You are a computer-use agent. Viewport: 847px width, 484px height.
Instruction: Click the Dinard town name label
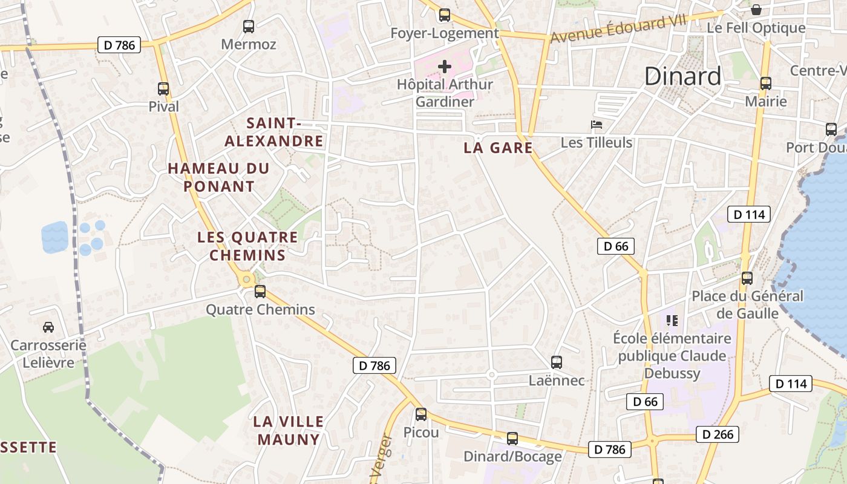tap(682, 76)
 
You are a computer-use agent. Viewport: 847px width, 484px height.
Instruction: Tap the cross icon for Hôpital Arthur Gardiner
tap(445, 66)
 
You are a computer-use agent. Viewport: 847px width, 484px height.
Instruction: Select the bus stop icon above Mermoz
tap(249, 26)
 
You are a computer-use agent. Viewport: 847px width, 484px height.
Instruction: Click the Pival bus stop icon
tap(163, 89)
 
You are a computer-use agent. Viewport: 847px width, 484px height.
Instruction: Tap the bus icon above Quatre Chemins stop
tap(260, 292)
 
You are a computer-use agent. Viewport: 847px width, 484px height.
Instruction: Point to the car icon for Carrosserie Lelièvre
tap(48, 327)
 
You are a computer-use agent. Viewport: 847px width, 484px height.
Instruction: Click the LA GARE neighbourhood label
tap(498, 148)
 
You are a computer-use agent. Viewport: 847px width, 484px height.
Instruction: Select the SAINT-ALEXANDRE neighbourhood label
tap(275, 132)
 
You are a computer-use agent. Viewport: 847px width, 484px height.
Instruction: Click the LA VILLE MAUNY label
tap(289, 430)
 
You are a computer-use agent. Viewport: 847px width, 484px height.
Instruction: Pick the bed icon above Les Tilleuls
tap(597, 125)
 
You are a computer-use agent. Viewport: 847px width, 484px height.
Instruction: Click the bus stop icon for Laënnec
tap(557, 362)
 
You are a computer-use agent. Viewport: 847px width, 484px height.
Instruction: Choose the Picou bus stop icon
tap(421, 414)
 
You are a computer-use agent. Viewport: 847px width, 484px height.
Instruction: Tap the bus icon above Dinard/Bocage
tap(512, 439)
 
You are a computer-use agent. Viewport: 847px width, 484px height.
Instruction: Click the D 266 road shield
tap(718, 434)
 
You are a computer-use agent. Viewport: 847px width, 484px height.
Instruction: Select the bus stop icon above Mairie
tap(766, 83)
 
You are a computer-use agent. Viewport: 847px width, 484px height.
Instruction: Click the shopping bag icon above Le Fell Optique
tap(756, 10)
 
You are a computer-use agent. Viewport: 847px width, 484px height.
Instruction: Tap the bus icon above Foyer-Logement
tap(445, 15)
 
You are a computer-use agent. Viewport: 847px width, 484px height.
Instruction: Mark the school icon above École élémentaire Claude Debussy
tap(672, 320)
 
